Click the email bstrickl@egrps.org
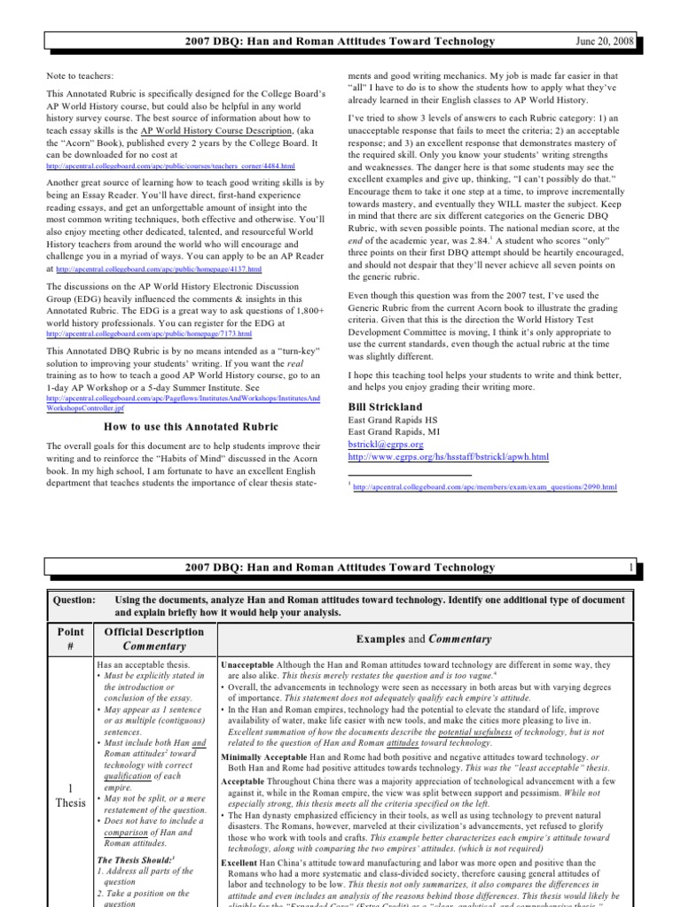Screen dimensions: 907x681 [x=387, y=444]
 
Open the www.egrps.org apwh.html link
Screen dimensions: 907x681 [x=449, y=457]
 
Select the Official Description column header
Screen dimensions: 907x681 [x=154, y=632]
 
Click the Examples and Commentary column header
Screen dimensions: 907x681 [x=423, y=639]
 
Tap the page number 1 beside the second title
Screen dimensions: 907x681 [x=630, y=567]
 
